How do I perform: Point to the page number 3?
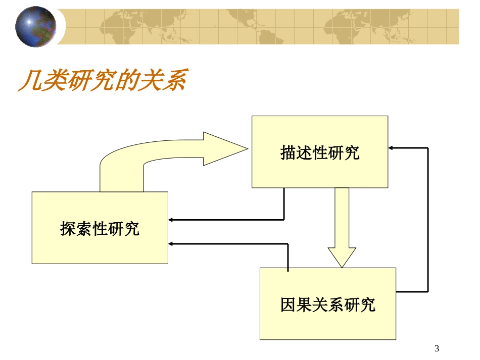tap(437, 348)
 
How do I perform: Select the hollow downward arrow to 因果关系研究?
tap(342, 227)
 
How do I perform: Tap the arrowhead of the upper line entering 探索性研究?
tap(171, 220)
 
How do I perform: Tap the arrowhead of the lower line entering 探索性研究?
tap(171, 244)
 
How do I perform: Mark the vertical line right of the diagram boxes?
tap(428, 220)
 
